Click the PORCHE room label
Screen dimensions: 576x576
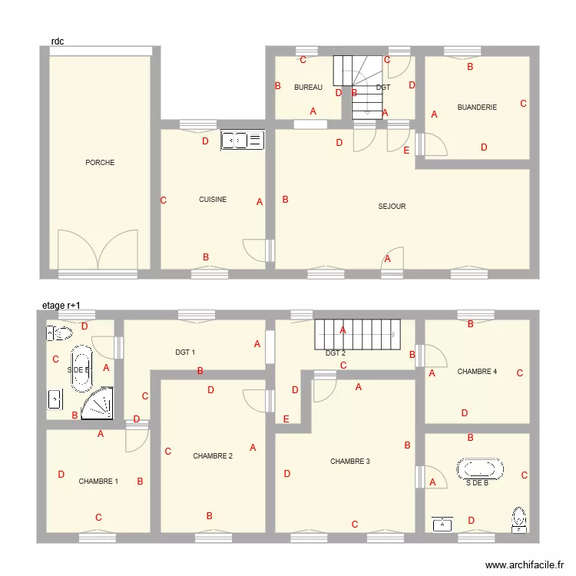click(x=100, y=163)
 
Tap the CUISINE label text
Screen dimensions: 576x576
click(x=213, y=200)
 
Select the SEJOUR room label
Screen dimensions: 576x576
click(x=392, y=207)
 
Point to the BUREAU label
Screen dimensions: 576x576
click(x=308, y=88)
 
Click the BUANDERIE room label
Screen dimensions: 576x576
click(x=477, y=108)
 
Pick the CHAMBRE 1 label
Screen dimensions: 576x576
click(x=98, y=482)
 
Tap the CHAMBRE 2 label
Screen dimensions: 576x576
click(x=213, y=456)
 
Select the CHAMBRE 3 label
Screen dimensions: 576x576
click(x=350, y=462)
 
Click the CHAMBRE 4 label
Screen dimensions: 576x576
click(x=477, y=372)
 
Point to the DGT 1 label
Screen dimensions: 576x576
click(x=185, y=353)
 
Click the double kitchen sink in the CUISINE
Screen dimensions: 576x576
click(x=242, y=140)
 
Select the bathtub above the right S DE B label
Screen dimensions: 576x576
click(x=480, y=468)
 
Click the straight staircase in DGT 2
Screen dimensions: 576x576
click(x=357, y=334)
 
